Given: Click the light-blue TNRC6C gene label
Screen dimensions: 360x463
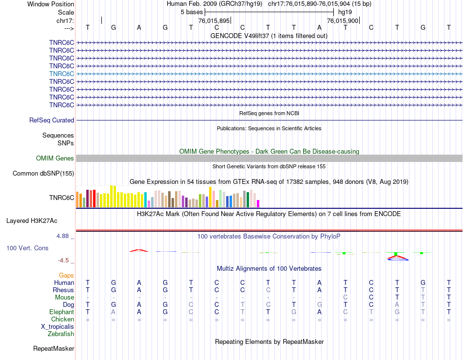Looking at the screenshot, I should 61,74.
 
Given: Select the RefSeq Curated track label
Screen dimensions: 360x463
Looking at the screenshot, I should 52,120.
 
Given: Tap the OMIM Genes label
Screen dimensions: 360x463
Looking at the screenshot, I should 55,158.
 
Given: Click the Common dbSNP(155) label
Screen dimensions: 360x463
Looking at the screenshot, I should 43,174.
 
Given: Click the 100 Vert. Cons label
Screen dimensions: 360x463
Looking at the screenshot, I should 27,248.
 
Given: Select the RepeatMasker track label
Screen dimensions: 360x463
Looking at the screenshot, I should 54,349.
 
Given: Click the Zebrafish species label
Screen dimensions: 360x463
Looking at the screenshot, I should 61,334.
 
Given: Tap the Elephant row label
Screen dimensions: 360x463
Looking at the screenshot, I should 61,312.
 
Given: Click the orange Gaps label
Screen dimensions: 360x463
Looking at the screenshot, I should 66,276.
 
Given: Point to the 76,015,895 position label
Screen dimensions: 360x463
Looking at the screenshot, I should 214,21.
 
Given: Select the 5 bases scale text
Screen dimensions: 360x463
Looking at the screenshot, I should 191,12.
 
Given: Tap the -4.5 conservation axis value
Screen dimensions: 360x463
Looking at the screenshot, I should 65,260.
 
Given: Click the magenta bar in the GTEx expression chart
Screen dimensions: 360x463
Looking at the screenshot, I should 258,203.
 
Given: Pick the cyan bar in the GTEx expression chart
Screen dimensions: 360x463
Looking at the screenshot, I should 146,200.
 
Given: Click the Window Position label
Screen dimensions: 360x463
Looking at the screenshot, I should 51,4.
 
